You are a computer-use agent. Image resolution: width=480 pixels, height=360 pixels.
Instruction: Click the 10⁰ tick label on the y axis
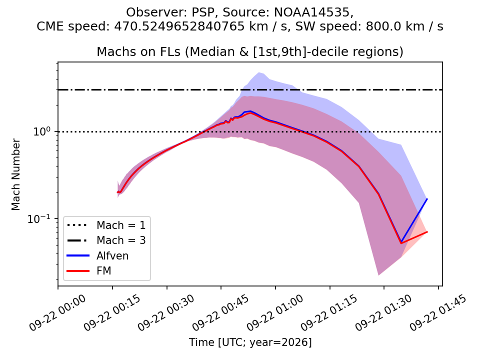41,131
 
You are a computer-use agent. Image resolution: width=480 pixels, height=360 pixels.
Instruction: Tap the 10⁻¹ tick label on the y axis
39,218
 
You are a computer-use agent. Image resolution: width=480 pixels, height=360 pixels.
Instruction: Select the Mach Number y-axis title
15,174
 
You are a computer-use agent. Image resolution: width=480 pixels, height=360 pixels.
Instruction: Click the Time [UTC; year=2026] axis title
250,342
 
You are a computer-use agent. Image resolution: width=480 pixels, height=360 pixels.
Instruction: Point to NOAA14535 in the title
311,12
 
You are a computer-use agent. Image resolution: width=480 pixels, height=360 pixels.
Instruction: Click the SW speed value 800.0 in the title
382,26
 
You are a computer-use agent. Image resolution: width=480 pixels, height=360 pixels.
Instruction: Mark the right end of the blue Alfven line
427,199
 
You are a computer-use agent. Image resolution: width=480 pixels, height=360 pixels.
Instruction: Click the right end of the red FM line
427,231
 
